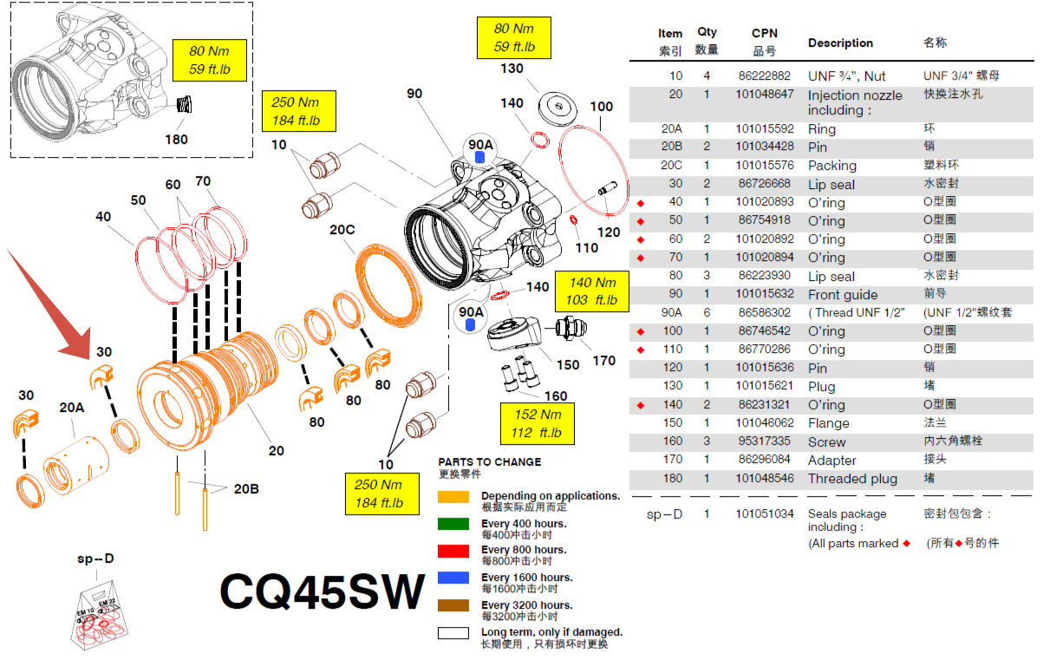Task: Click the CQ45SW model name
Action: [323, 591]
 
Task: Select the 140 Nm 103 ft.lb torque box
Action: [592, 291]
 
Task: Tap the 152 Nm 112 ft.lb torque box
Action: [537, 423]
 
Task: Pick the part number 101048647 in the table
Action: [765, 95]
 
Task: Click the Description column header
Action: [840, 42]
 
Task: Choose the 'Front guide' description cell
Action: [843, 294]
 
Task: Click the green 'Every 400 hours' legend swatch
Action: [453, 523]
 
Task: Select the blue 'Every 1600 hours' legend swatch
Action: [453, 578]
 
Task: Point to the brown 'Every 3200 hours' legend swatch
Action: [453, 606]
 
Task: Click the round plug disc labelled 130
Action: [558, 107]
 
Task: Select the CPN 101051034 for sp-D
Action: [765, 513]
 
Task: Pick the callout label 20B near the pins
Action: [245, 489]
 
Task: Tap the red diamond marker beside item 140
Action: [641, 405]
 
